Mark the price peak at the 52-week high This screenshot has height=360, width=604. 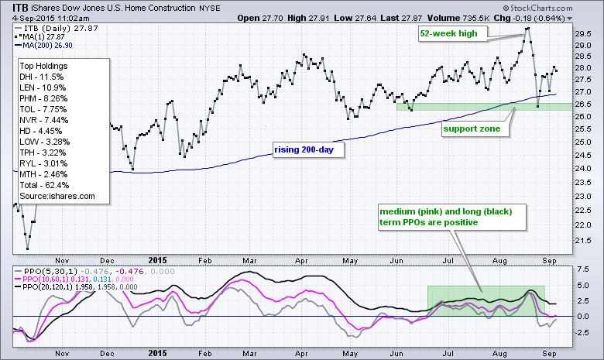pos(527,29)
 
